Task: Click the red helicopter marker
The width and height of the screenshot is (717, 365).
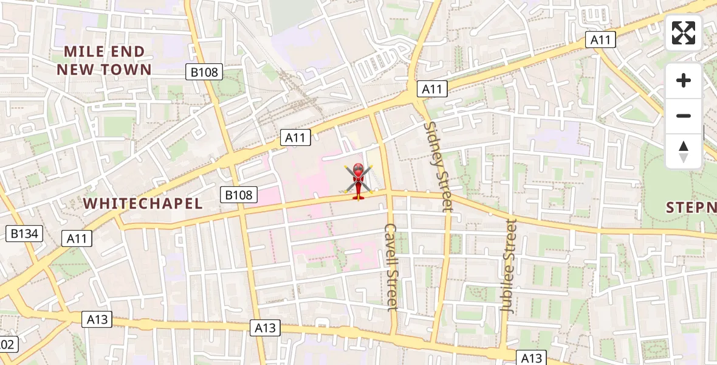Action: pos(358,181)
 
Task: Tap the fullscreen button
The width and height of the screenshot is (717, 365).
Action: pos(684,33)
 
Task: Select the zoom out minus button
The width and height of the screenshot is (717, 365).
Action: pos(684,116)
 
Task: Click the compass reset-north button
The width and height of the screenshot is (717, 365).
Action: pos(684,151)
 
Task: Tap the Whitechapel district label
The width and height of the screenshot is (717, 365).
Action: pos(143,203)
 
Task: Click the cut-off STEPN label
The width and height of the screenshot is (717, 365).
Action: pos(691,207)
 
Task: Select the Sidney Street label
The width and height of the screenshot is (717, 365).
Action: pos(439,166)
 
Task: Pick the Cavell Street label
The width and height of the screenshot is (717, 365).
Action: pos(391,266)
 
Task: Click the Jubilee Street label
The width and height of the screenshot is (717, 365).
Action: pos(508,266)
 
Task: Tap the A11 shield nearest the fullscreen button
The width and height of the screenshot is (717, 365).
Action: pos(601,40)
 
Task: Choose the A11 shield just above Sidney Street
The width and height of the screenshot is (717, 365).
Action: pos(432,89)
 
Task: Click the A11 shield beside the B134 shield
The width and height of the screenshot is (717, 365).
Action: pos(77,238)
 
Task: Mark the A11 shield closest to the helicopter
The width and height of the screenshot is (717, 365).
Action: pos(295,137)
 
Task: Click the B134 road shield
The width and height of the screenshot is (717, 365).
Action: pos(24,233)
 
